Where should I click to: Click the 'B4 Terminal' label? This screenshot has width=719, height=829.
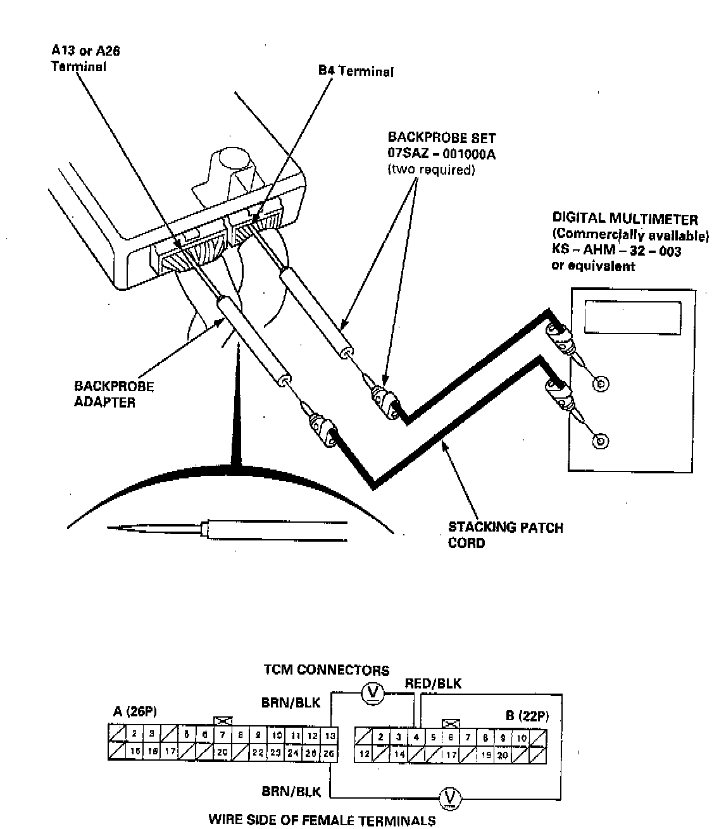click(x=356, y=71)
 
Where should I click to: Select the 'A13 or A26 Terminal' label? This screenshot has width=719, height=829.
click(x=85, y=58)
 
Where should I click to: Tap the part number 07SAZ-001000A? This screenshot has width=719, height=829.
click(x=441, y=153)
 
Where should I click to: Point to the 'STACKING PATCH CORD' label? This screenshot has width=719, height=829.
click(x=505, y=535)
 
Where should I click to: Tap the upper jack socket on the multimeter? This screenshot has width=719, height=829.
click(x=601, y=383)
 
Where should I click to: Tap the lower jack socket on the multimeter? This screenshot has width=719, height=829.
click(x=601, y=441)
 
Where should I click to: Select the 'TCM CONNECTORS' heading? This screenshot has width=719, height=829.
click(x=326, y=670)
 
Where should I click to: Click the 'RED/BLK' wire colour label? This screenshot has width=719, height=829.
click(x=433, y=683)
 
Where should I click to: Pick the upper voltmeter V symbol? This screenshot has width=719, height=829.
click(x=373, y=694)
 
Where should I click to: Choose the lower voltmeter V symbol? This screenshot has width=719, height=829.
click(x=450, y=796)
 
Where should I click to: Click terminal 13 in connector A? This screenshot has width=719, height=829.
click(x=330, y=736)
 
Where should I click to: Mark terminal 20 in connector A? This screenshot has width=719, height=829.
click(x=222, y=752)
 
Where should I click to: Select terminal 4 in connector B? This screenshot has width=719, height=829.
click(x=416, y=737)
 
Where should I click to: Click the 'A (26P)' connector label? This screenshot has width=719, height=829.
click(x=135, y=712)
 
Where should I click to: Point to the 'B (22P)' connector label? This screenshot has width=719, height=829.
click(x=527, y=716)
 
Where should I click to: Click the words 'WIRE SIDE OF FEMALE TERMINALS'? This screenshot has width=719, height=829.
click(x=322, y=820)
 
